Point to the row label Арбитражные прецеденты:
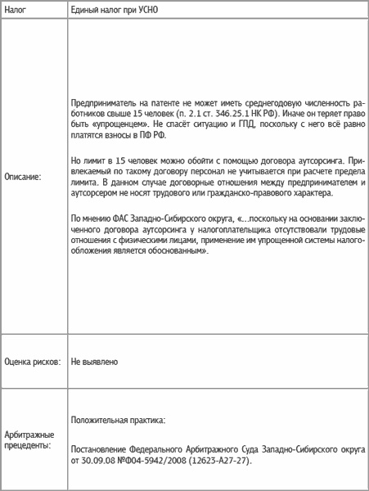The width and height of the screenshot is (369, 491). click(29, 439)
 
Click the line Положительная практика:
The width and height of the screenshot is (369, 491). click(119, 420)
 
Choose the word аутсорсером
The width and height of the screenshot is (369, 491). click(97, 195)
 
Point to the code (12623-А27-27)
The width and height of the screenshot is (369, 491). click(218, 461)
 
